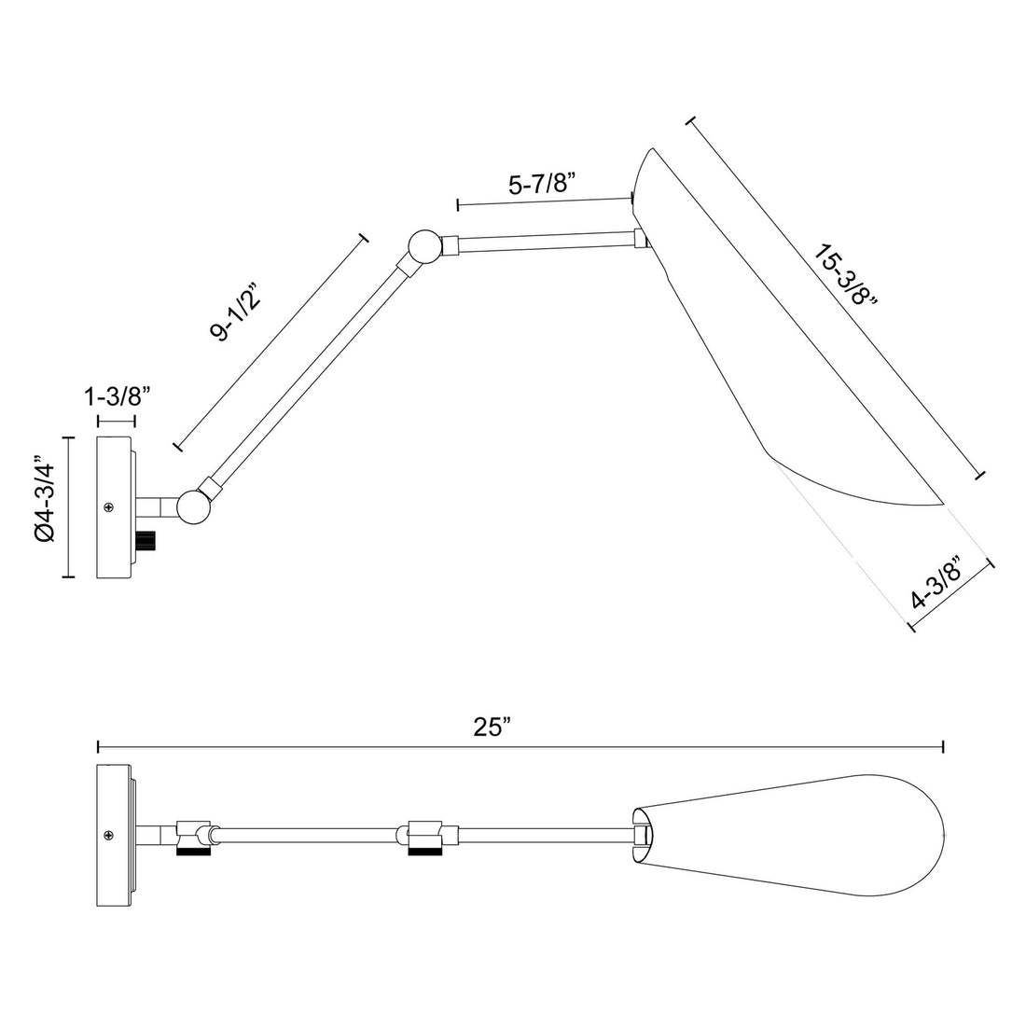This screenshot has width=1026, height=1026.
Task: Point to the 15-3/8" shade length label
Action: pos(846,275)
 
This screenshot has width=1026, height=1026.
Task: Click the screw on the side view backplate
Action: pos(110,507)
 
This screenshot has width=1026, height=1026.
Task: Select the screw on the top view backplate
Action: pos(110,834)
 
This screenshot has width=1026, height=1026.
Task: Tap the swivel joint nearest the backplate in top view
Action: pos(195,834)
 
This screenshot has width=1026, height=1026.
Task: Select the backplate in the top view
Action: pos(115,833)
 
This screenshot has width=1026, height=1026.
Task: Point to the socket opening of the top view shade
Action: pos(642,833)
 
